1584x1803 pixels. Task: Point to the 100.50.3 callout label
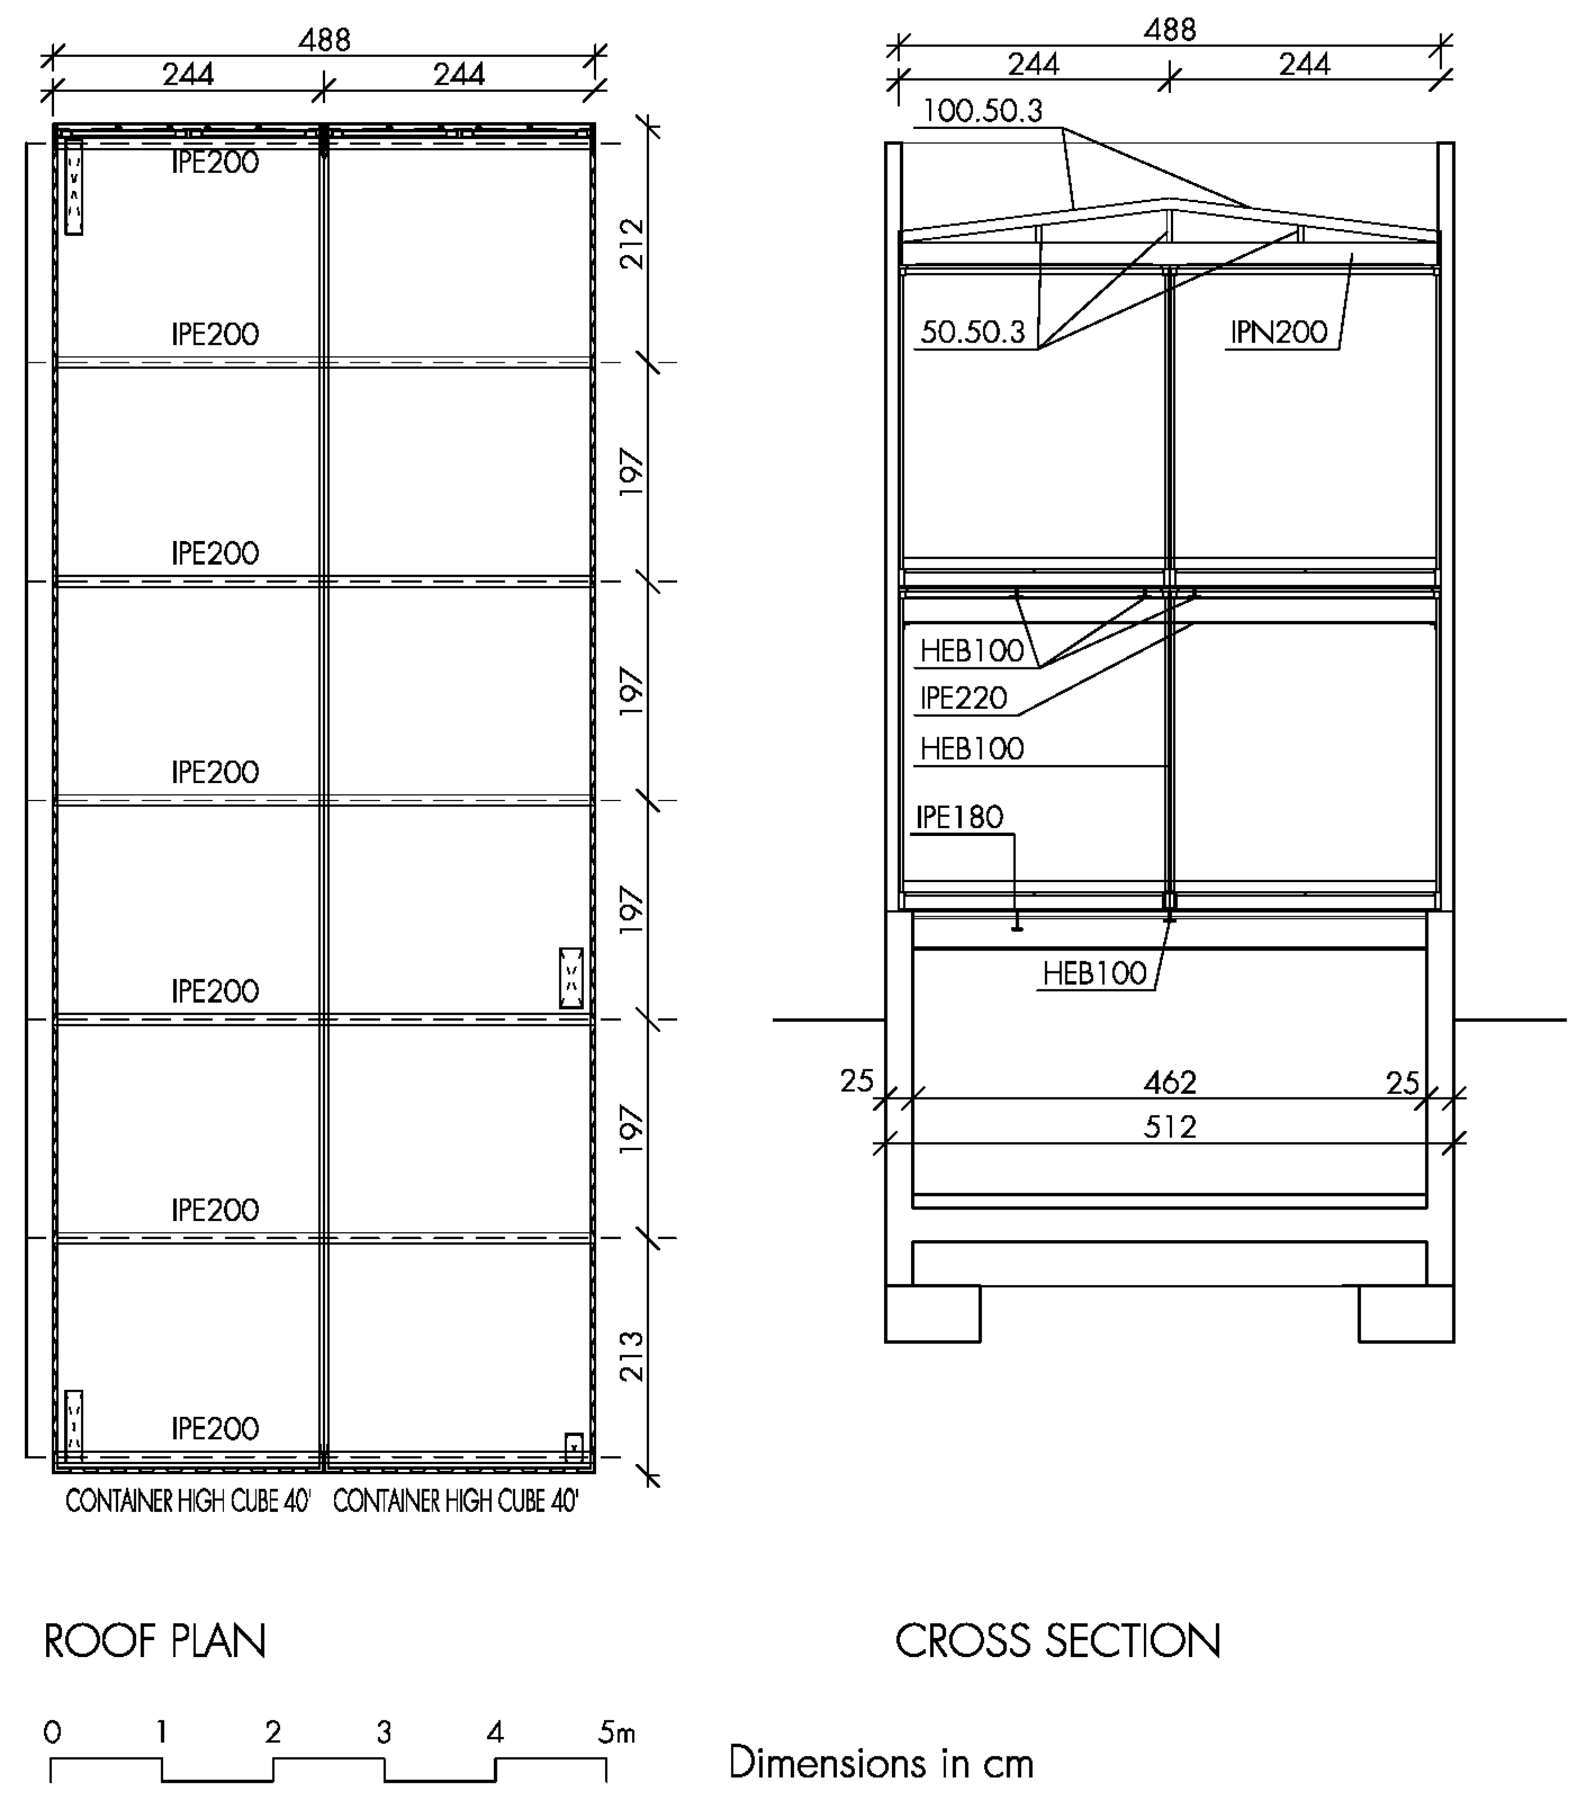[x=982, y=111]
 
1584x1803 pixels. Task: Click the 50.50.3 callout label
[x=972, y=333]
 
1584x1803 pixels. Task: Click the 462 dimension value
[x=1169, y=1082]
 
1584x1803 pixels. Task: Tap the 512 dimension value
[x=1169, y=1127]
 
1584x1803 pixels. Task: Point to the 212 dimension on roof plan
[x=632, y=245]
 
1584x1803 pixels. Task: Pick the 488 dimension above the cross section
[x=1169, y=30]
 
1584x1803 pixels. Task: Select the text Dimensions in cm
[x=880, y=1763]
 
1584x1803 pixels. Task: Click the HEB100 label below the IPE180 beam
[x=1093, y=974]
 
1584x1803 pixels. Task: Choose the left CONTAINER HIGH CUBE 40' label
[x=188, y=1501]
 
